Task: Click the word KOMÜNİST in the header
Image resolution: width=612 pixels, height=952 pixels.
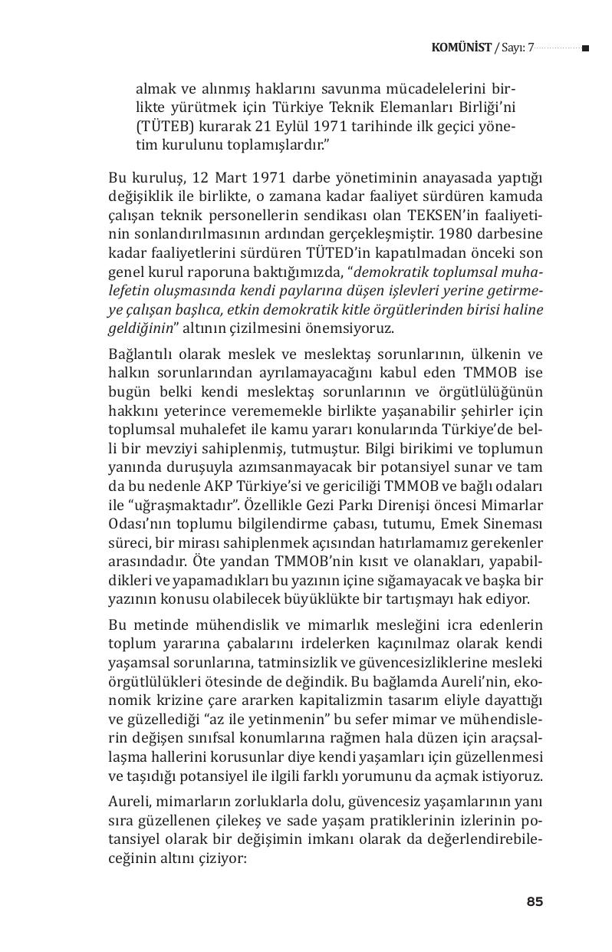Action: click(x=462, y=48)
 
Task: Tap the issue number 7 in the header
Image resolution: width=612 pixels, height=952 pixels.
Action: click(x=530, y=48)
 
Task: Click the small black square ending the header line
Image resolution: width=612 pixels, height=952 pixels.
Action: click(x=585, y=48)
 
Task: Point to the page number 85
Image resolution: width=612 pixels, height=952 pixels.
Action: click(x=535, y=901)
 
